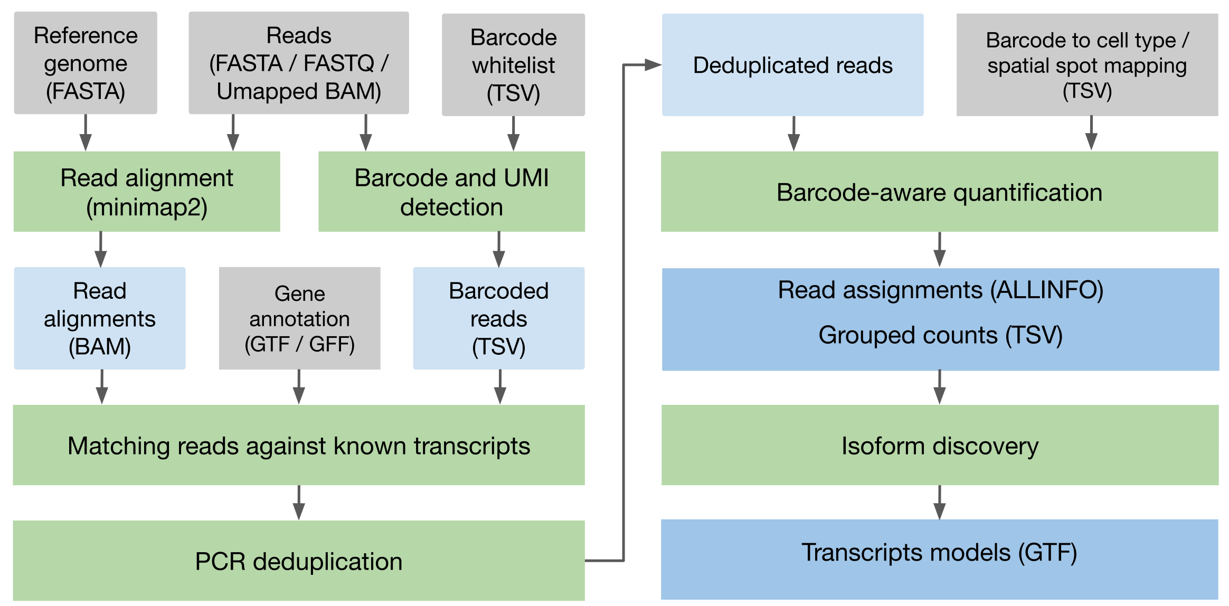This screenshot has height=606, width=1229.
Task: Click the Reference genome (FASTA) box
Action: pyautogui.click(x=86, y=63)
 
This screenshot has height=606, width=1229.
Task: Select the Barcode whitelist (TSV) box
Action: pyautogui.click(x=513, y=64)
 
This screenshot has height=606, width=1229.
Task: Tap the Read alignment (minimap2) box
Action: pyautogui.click(x=147, y=192)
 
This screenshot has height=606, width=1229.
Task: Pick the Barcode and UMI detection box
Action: pyautogui.click(x=451, y=192)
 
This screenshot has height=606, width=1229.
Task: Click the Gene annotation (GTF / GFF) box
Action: pyautogui.click(x=299, y=318)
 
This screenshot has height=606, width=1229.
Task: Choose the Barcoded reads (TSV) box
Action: pyautogui.click(x=498, y=318)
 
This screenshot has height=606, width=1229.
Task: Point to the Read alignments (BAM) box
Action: pyautogui.click(x=100, y=318)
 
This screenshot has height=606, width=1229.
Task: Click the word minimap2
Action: pyautogui.click(x=147, y=207)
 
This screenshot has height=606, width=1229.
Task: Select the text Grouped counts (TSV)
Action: pyautogui.click(x=940, y=335)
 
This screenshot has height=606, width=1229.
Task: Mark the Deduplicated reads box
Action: pyautogui.click(x=792, y=65)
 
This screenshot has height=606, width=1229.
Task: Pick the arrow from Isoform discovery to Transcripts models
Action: pyautogui.click(x=939, y=503)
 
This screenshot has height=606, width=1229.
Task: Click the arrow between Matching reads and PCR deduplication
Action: pyautogui.click(x=299, y=503)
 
